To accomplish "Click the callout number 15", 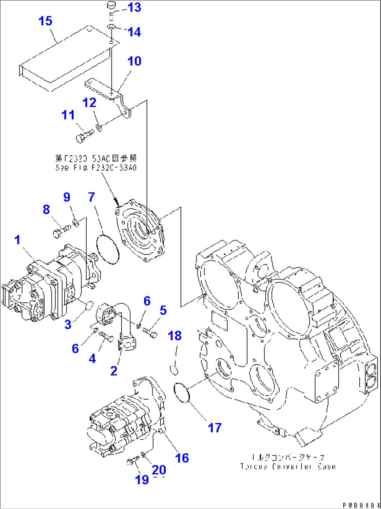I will [45, 21].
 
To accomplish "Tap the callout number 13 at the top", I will [134, 7].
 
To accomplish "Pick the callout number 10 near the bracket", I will [134, 61].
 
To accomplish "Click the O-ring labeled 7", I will [107, 250].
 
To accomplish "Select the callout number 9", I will [67, 197].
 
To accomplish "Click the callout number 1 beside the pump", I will [17, 240].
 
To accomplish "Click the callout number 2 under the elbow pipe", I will [114, 371].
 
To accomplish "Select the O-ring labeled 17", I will [182, 392].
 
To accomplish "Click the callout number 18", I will [175, 336].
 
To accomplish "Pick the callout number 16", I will [182, 458].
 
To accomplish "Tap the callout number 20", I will [159, 470].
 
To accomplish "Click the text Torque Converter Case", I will [288, 466].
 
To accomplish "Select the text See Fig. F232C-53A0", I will [96, 167].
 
